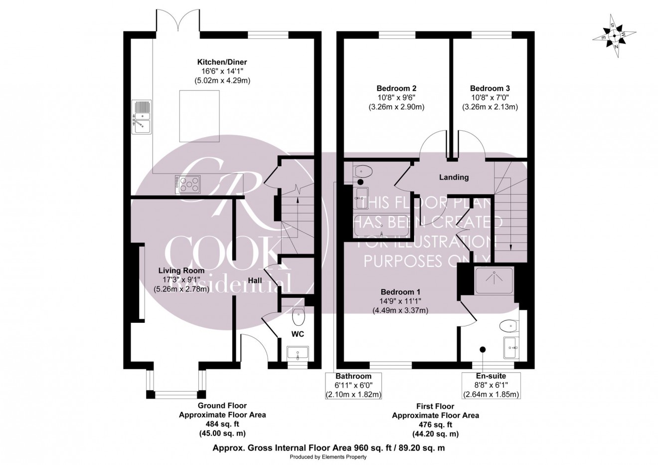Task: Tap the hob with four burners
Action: [188, 184]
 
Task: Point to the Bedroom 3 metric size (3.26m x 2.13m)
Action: [490, 107]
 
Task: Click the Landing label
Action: [454, 177]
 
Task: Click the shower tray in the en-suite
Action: [493, 280]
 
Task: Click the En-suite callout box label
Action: [491, 376]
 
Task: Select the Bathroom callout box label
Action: [353, 376]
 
